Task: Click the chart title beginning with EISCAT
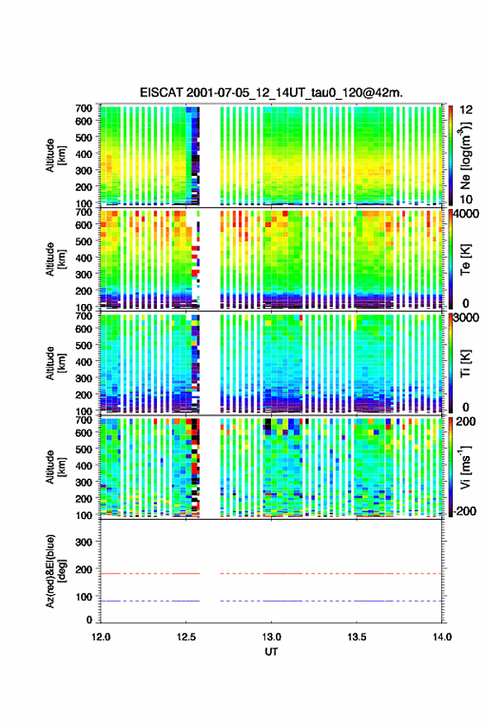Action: [x=271, y=93]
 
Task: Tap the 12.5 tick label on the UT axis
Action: [x=186, y=637]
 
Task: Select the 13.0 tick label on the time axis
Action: [x=271, y=637]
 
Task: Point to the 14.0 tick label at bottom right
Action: [x=442, y=637]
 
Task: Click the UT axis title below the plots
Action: [x=271, y=652]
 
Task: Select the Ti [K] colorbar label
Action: [x=465, y=363]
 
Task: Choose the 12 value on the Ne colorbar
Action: [x=466, y=110]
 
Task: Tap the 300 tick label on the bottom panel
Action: [x=83, y=542]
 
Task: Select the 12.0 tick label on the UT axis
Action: [x=101, y=637]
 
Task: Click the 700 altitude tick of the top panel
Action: [x=83, y=108]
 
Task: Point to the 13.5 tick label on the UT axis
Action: [x=357, y=637]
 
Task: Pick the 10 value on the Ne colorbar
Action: [x=466, y=199]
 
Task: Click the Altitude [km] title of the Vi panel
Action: [x=55, y=467]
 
